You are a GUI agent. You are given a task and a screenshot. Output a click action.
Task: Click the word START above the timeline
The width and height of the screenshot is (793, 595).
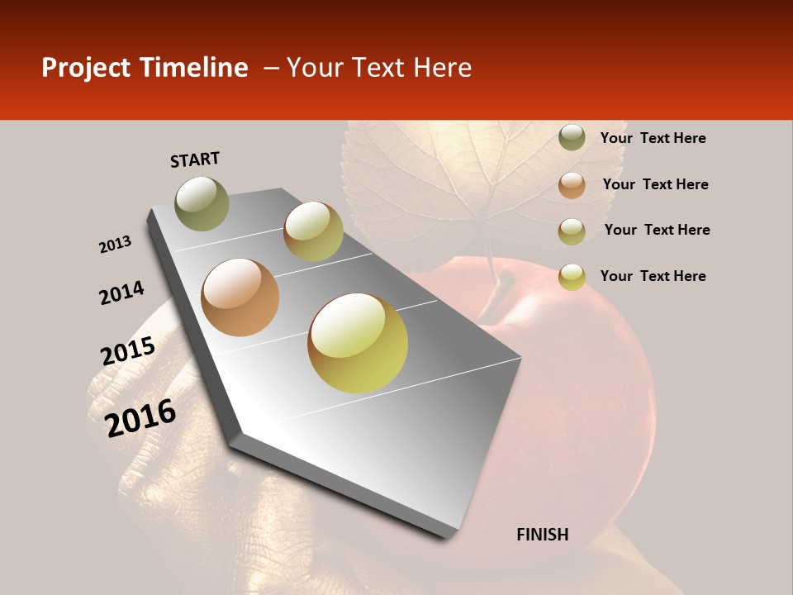pos(195,159)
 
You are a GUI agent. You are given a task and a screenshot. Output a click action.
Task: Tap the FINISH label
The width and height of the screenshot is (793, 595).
pos(542,535)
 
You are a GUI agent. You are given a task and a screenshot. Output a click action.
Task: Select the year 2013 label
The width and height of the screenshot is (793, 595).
pos(115,245)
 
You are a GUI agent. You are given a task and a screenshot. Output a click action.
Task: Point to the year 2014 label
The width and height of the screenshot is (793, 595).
pos(121,293)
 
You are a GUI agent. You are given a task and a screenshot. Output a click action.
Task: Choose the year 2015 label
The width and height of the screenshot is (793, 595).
pos(128,351)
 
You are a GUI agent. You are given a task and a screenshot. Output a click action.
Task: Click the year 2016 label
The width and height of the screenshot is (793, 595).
pos(140,418)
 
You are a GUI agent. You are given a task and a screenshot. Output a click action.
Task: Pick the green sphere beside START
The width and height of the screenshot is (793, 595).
pos(202,203)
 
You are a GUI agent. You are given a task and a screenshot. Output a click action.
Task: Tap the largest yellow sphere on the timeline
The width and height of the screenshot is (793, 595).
pos(358,343)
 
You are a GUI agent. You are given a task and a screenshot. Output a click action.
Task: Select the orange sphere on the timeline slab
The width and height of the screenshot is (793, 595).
pos(240,297)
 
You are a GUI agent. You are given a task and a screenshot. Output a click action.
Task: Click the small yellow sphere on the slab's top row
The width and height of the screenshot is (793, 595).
pos(313,231)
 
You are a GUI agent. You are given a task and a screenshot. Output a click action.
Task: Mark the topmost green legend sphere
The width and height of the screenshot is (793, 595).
pos(572,138)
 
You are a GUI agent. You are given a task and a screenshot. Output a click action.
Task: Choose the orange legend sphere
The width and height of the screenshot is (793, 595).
pos(572,185)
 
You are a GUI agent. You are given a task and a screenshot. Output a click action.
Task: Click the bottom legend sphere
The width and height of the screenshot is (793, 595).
pos(572,277)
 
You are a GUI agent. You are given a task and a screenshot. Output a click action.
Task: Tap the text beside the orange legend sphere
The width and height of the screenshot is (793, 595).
pos(655,184)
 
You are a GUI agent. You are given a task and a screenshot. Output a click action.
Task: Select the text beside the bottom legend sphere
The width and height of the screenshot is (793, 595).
pos(653,276)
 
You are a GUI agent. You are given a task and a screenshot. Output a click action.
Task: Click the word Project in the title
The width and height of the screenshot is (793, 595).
pos(85,68)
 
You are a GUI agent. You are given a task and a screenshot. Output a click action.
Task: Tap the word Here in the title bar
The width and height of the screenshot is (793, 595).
pos(442,68)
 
